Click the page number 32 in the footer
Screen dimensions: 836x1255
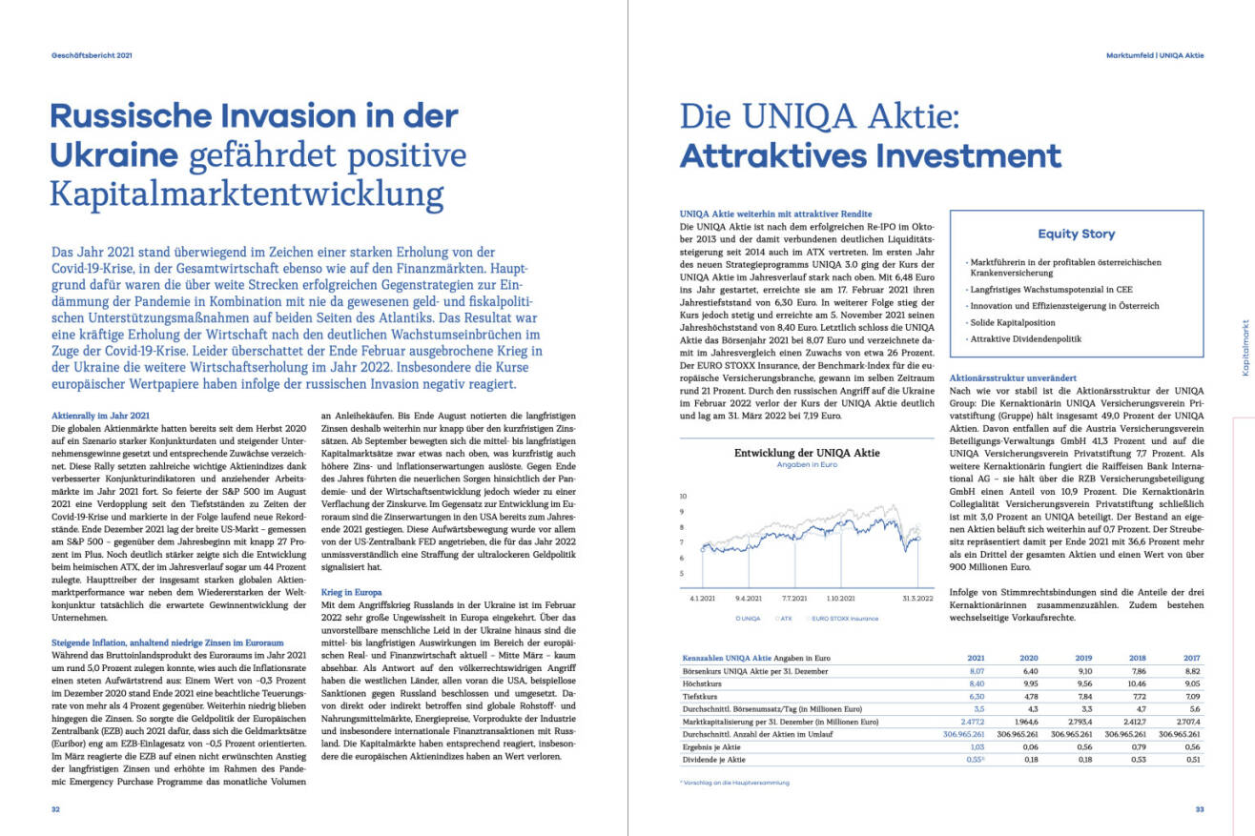coord(56,809)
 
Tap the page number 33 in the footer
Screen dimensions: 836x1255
coord(1199,809)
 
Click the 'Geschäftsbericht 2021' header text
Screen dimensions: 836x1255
coord(92,55)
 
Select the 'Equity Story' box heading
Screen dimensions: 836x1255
coord(1077,234)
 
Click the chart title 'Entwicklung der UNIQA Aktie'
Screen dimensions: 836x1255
coord(807,453)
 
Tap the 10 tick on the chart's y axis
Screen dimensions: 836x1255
coord(683,497)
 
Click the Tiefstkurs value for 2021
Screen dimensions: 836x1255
coord(976,697)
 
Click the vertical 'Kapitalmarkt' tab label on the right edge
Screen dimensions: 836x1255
coord(1245,347)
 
